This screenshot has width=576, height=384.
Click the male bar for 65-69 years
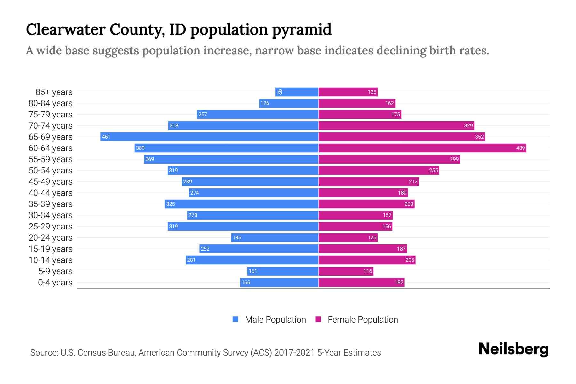tap(210, 137)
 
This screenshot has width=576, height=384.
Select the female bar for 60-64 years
tap(422, 148)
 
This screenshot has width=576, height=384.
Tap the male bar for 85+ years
tap(297, 92)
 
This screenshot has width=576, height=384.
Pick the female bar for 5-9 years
tap(346, 271)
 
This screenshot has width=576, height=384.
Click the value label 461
tap(106, 137)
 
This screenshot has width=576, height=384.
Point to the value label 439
tap(520, 148)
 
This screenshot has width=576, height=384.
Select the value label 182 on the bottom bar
tap(399, 283)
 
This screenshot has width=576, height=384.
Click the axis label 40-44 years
tap(51, 193)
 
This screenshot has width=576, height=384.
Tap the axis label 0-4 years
tap(55, 283)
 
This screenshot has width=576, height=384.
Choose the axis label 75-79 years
tap(51, 115)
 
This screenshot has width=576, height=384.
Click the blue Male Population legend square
tap(236, 319)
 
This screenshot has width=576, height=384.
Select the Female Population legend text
tap(363, 320)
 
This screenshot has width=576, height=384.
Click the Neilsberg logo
tap(513, 349)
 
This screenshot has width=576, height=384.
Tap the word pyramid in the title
tap(302, 30)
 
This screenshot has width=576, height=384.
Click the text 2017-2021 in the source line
tap(294, 353)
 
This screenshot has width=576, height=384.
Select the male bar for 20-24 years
tap(275, 237)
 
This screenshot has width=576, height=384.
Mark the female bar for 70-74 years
tap(396, 125)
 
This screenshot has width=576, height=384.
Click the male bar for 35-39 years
tap(242, 204)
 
